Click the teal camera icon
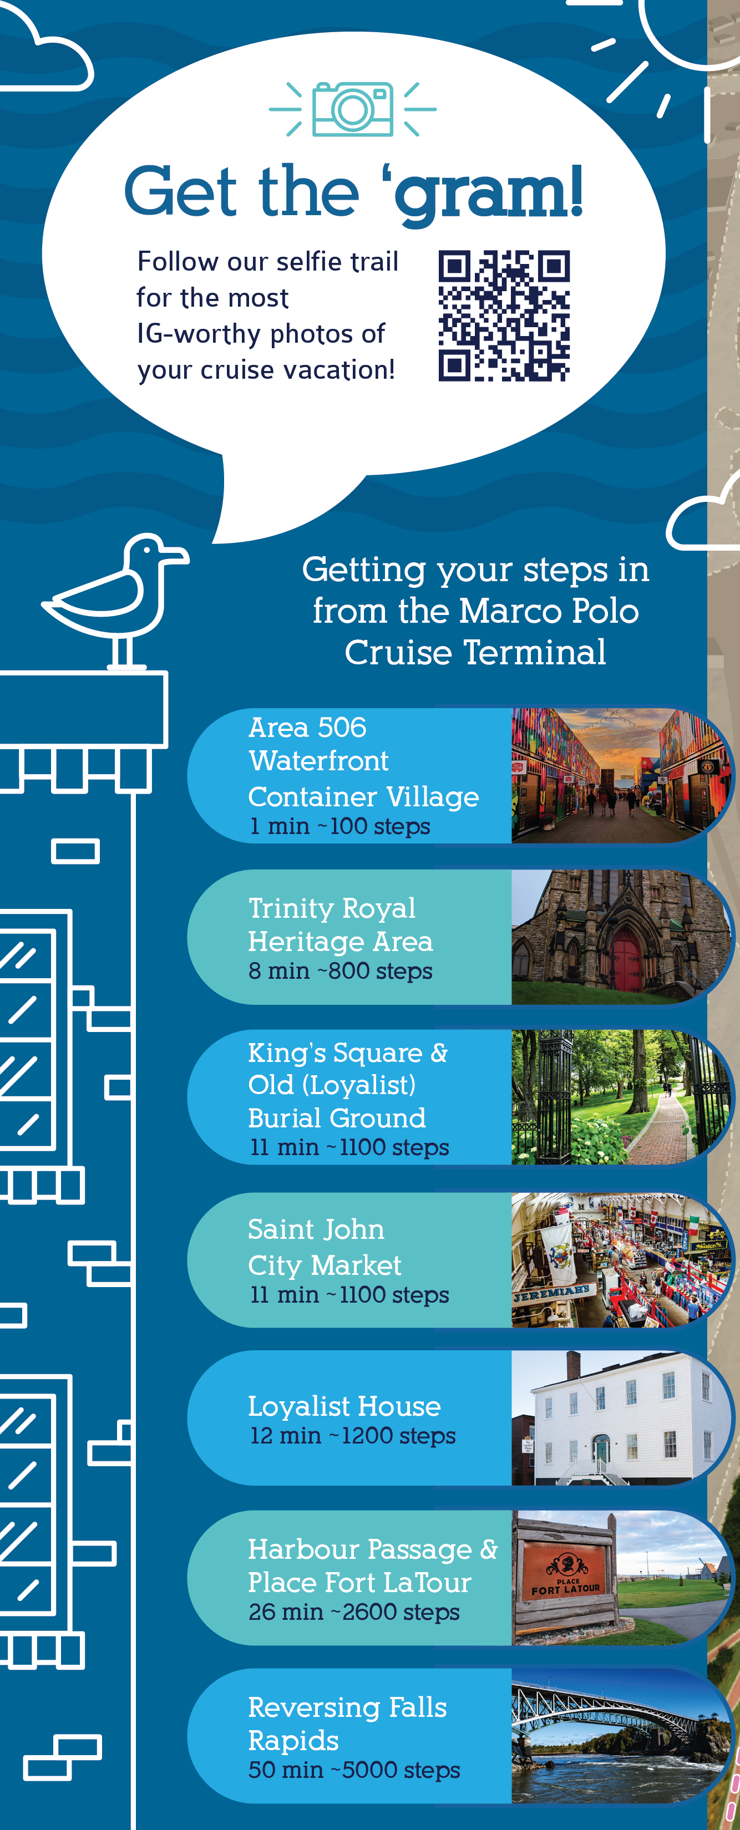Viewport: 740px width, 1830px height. pyautogui.click(x=353, y=109)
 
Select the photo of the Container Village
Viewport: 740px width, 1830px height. pyautogui.click(x=619, y=775)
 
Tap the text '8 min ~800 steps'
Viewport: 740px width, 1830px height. pyautogui.click(x=340, y=970)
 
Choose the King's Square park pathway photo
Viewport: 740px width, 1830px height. pyautogui.click(x=619, y=1097)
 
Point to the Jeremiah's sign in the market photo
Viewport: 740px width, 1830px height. pyautogui.click(x=551, y=1293)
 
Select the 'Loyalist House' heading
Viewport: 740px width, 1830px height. pyautogui.click(x=344, y=1406)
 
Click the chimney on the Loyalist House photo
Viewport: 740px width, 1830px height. pyautogui.click(x=573, y=1365)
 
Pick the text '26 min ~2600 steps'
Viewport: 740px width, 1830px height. pyautogui.click(x=354, y=1612)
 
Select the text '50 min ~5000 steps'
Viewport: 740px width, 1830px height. pyautogui.click(x=354, y=1770)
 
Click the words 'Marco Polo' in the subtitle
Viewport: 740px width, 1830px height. pyautogui.click(x=549, y=611)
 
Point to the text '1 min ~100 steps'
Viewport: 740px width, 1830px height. pyautogui.click(x=340, y=826)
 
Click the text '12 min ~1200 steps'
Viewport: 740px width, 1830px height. pyautogui.click(x=353, y=1435)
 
